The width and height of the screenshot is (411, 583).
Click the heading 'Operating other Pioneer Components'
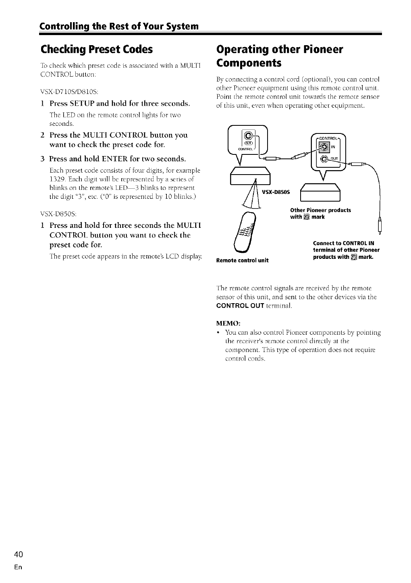pos(280,56)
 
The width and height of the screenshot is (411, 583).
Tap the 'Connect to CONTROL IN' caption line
pos(344,243)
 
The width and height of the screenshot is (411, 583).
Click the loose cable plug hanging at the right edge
pos(380,226)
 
